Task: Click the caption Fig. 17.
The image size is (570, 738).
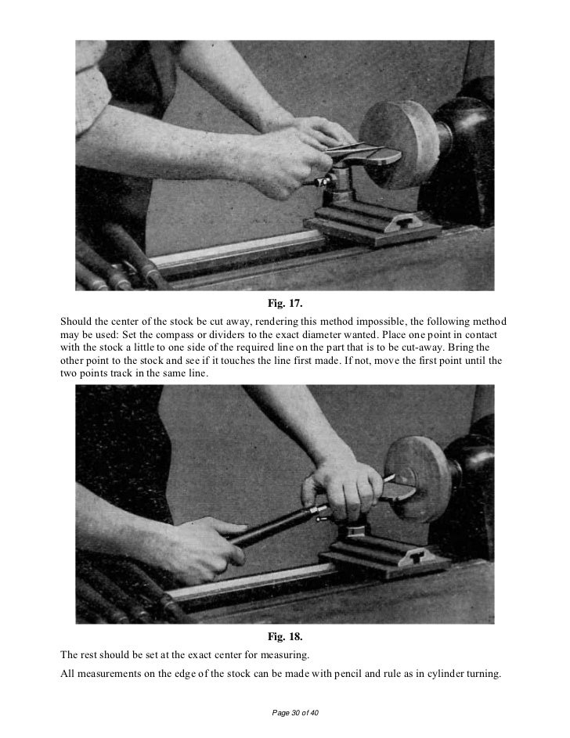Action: tap(285, 303)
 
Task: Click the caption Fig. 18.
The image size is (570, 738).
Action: tap(285, 637)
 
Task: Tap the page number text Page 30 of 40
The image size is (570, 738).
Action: tap(295, 713)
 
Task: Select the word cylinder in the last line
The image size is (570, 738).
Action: tap(446, 674)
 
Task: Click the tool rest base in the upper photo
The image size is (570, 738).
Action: tap(374, 225)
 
